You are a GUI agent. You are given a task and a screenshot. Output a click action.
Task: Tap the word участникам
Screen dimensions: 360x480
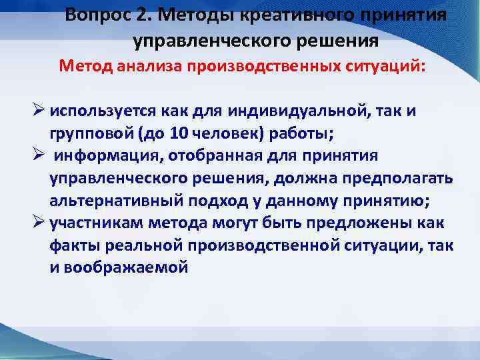[101, 223]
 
